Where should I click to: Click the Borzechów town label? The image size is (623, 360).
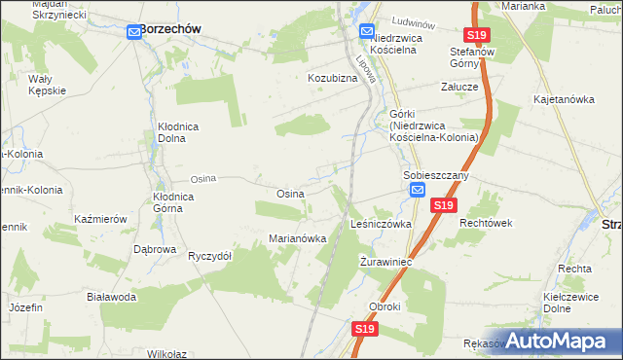pyautogui.click(x=170, y=29)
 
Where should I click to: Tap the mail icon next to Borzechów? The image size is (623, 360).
pyautogui.click(x=134, y=32)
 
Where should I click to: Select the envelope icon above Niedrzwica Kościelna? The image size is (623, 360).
pyautogui.click(x=367, y=31)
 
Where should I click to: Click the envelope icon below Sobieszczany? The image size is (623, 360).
pyautogui.click(x=418, y=191)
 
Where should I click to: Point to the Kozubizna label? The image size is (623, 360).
pyautogui.click(x=334, y=77)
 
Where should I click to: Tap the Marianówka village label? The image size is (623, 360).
pyautogui.click(x=297, y=238)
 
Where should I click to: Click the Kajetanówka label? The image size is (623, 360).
pyautogui.click(x=564, y=99)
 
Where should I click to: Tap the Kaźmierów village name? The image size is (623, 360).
pyautogui.click(x=101, y=219)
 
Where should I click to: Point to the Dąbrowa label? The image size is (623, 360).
pyautogui.click(x=155, y=249)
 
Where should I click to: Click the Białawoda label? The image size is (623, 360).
pyautogui.click(x=110, y=297)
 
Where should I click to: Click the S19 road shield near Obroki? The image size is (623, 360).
pyautogui.click(x=364, y=330)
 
